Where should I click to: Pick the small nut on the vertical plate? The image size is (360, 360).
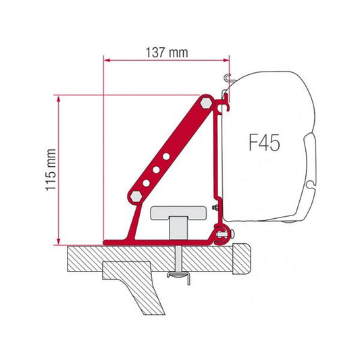(215, 206)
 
